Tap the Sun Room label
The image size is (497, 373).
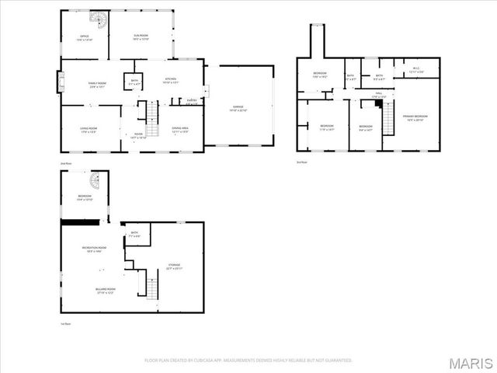point(141,38)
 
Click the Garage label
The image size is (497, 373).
point(238,109)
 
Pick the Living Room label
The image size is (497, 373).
point(89,131)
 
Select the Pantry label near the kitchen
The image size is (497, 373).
point(191,100)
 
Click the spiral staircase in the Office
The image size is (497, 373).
point(99,18)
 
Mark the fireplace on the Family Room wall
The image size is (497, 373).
point(59,82)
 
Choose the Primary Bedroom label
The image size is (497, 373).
point(415,117)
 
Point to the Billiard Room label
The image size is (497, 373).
point(95,291)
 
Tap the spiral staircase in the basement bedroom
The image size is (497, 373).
point(95,184)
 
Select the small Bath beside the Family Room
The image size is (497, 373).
point(134,82)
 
